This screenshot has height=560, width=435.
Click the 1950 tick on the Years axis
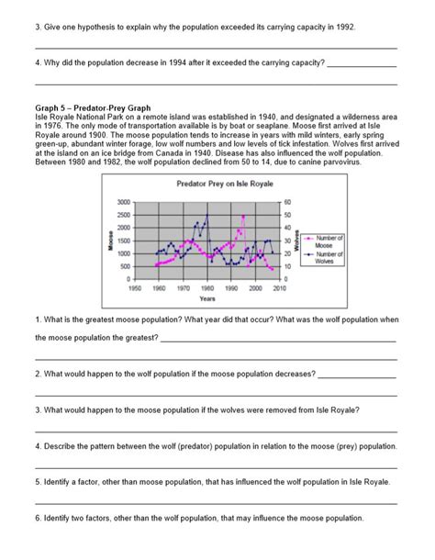[135, 286]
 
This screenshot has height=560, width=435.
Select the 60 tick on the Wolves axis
[287, 202]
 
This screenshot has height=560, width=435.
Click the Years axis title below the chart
[207, 298]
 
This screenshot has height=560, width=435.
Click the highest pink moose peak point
[244, 217]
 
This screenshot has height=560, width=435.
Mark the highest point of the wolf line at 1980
[207, 215]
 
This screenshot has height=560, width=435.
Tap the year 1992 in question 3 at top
[344, 28]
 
